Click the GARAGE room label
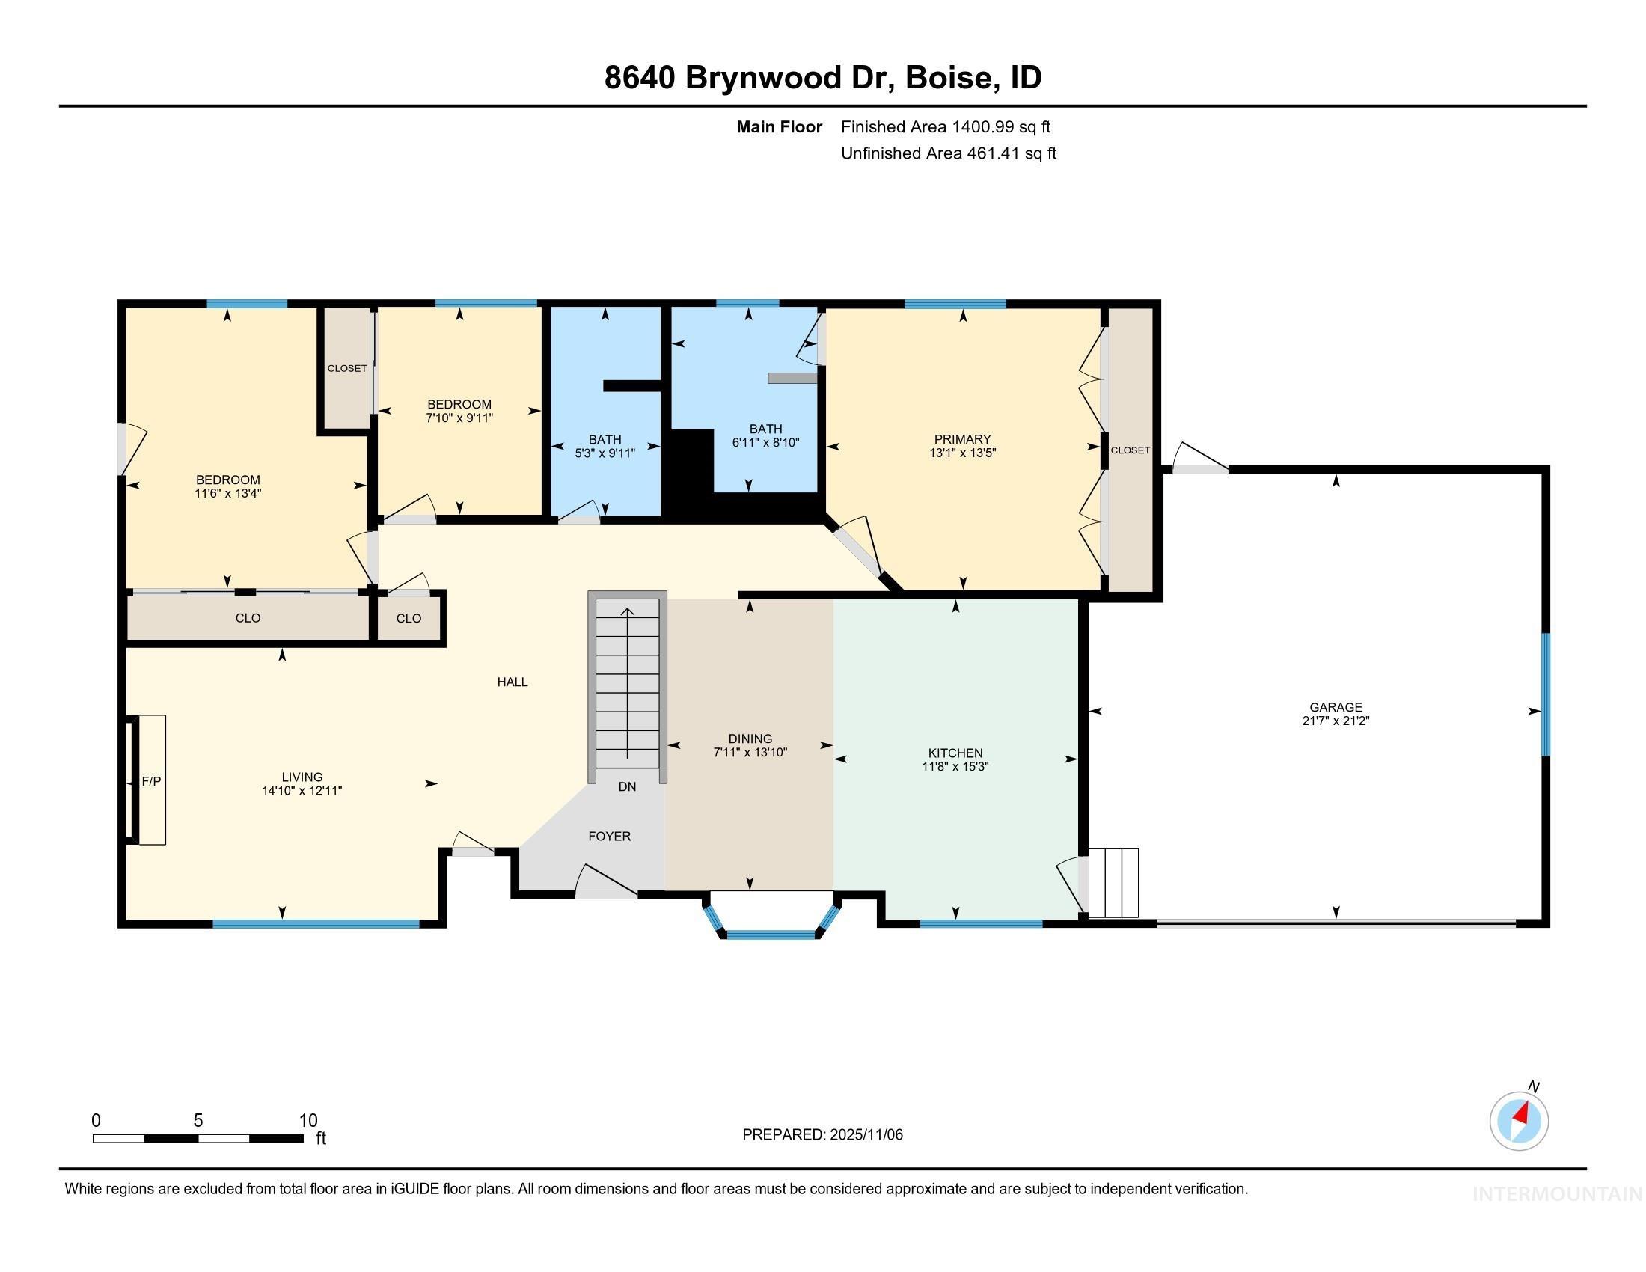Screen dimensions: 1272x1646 (x=1336, y=707)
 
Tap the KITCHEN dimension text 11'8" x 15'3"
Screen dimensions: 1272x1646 (x=955, y=767)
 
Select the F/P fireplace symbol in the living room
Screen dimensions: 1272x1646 (x=151, y=780)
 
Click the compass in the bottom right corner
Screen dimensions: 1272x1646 (x=1519, y=1121)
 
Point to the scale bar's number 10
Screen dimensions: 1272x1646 (x=308, y=1121)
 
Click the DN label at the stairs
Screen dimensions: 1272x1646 (x=627, y=786)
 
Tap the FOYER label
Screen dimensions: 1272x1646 (x=609, y=836)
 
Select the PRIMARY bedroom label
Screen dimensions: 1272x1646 (x=961, y=439)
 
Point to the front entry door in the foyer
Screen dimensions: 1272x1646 (x=606, y=893)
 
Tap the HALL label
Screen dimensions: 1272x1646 (x=512, y=682)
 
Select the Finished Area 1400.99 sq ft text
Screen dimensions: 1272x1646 (x=945, y=127)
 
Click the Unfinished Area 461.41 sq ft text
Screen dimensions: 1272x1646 (x=948, y=153)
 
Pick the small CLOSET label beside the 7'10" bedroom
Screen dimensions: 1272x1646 (x=346, y=368)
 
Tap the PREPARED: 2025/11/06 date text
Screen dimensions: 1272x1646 (x=822, y=1134)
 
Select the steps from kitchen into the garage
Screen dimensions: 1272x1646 (x=1113, y=882)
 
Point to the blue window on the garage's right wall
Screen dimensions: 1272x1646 (x=1544, y=694)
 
